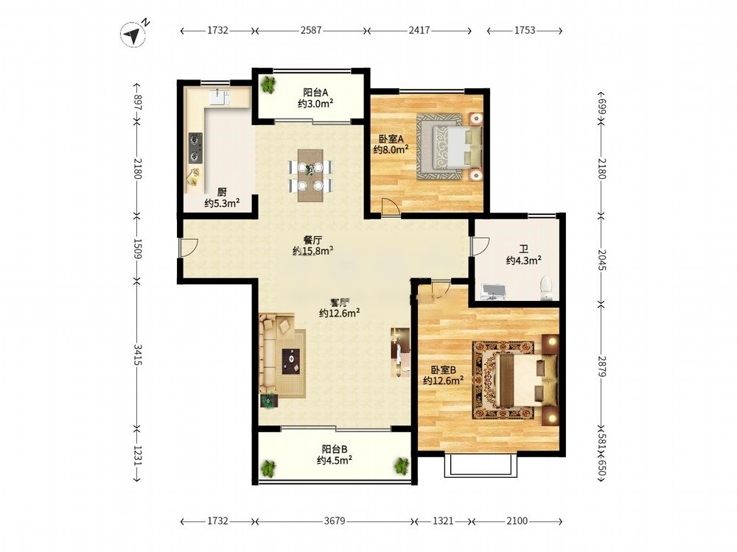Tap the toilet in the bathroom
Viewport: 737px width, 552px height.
click(x=545, y=288)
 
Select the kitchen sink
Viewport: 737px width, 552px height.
click(x=219, y=97)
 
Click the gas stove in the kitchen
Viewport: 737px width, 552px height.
click(x=195, y=148)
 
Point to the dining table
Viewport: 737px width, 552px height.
click(x=310, y=174)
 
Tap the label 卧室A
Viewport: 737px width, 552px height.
click(x=391, y=139)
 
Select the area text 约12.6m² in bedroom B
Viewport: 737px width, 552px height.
click(x=443, y=381)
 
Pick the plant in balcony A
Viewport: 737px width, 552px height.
click(x=268, y=85)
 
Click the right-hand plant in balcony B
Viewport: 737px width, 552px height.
click(x=402, y=466)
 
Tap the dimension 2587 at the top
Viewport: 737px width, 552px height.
click(x=311, y=30)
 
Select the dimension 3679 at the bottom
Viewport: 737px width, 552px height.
click(x=335, y=521)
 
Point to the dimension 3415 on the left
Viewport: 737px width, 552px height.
click(x=137, y=355)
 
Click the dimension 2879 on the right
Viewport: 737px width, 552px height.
click(x=602, y=366)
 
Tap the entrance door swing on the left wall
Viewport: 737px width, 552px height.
click(x=188, y=247)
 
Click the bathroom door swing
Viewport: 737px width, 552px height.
click(x=480, y=247)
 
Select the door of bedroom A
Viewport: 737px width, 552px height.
click(x=391, y=207)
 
